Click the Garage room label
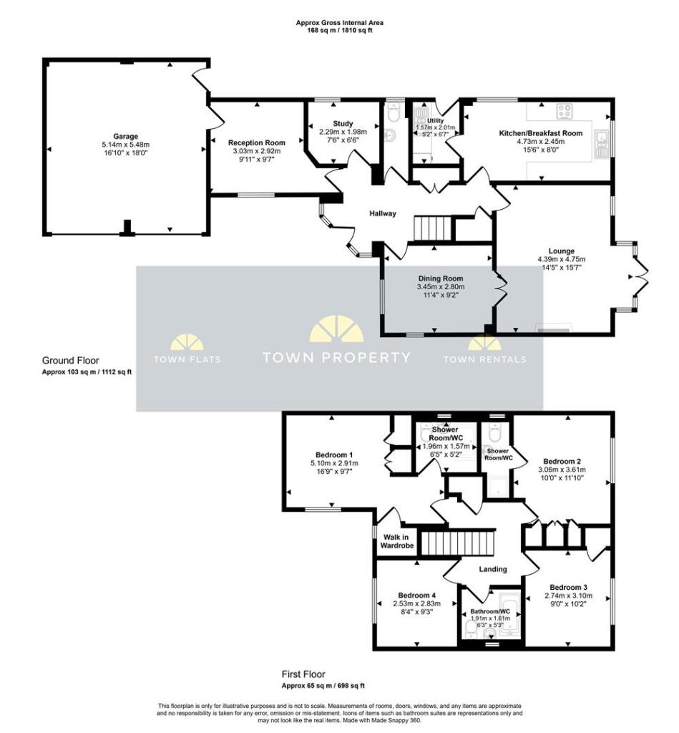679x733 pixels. click(125, 136)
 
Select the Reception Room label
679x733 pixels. click(256, 142)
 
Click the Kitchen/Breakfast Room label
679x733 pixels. click(540, 133)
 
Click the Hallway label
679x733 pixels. click(383, 213)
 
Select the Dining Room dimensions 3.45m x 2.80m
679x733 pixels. click(440, 287)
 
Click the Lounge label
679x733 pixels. click(562, 251)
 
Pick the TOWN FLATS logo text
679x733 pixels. click(187, 359)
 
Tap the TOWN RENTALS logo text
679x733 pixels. click(484, 359)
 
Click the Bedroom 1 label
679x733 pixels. click(335, 455)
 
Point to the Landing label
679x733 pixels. click(492, 569)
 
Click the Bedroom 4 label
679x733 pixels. click(417, 596)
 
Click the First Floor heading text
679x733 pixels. click(303, 674)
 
